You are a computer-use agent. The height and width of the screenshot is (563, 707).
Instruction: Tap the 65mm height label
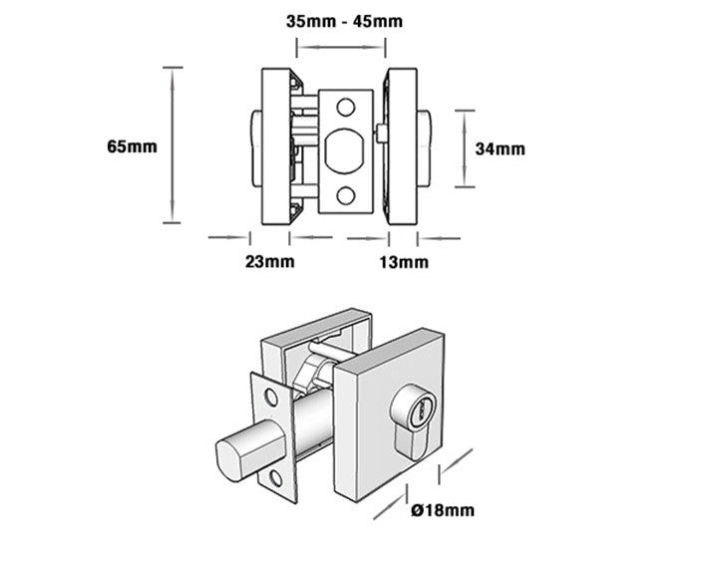tap(133, 146)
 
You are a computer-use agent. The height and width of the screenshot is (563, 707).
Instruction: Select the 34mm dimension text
tap(500, 149)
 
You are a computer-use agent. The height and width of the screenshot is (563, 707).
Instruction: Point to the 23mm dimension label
tap(269, 262)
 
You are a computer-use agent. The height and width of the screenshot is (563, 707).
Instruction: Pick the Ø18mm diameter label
tap(442, 510)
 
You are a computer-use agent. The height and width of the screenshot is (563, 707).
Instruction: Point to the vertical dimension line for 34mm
tap(462, 148)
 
